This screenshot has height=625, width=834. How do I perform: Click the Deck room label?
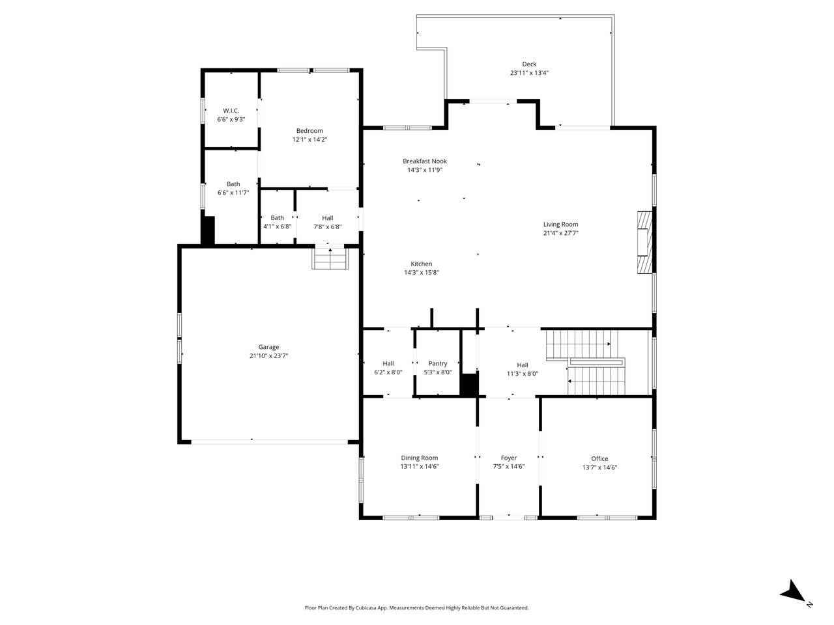point(529,64)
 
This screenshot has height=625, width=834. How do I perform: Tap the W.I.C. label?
point(231,111)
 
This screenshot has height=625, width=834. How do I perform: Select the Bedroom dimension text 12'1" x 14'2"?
point(309,139)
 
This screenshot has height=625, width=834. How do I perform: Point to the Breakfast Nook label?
point(425,161)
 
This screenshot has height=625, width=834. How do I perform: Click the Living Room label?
point(560,225)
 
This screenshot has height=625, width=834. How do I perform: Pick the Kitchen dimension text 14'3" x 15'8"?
point(422,273)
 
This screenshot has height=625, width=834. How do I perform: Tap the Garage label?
point(268,347)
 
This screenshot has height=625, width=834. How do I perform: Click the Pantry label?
point(438,363)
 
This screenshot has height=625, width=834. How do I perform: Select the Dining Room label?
point(420,458)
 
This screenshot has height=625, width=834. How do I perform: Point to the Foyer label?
point(509,458)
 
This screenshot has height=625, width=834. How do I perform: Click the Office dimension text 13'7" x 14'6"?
point(599,467)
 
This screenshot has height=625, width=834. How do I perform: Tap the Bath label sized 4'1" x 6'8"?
point(278,218)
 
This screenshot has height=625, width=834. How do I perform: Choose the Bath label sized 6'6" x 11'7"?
point(233,184)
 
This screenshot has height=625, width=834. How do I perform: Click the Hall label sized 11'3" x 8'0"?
point(523,365)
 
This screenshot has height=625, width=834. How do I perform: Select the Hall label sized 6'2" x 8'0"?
point(388,363)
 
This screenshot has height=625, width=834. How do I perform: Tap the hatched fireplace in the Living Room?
point(645,242)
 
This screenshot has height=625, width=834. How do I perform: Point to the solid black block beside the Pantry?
point(469,384)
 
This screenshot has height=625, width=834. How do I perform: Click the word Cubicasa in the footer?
point(367,608)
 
